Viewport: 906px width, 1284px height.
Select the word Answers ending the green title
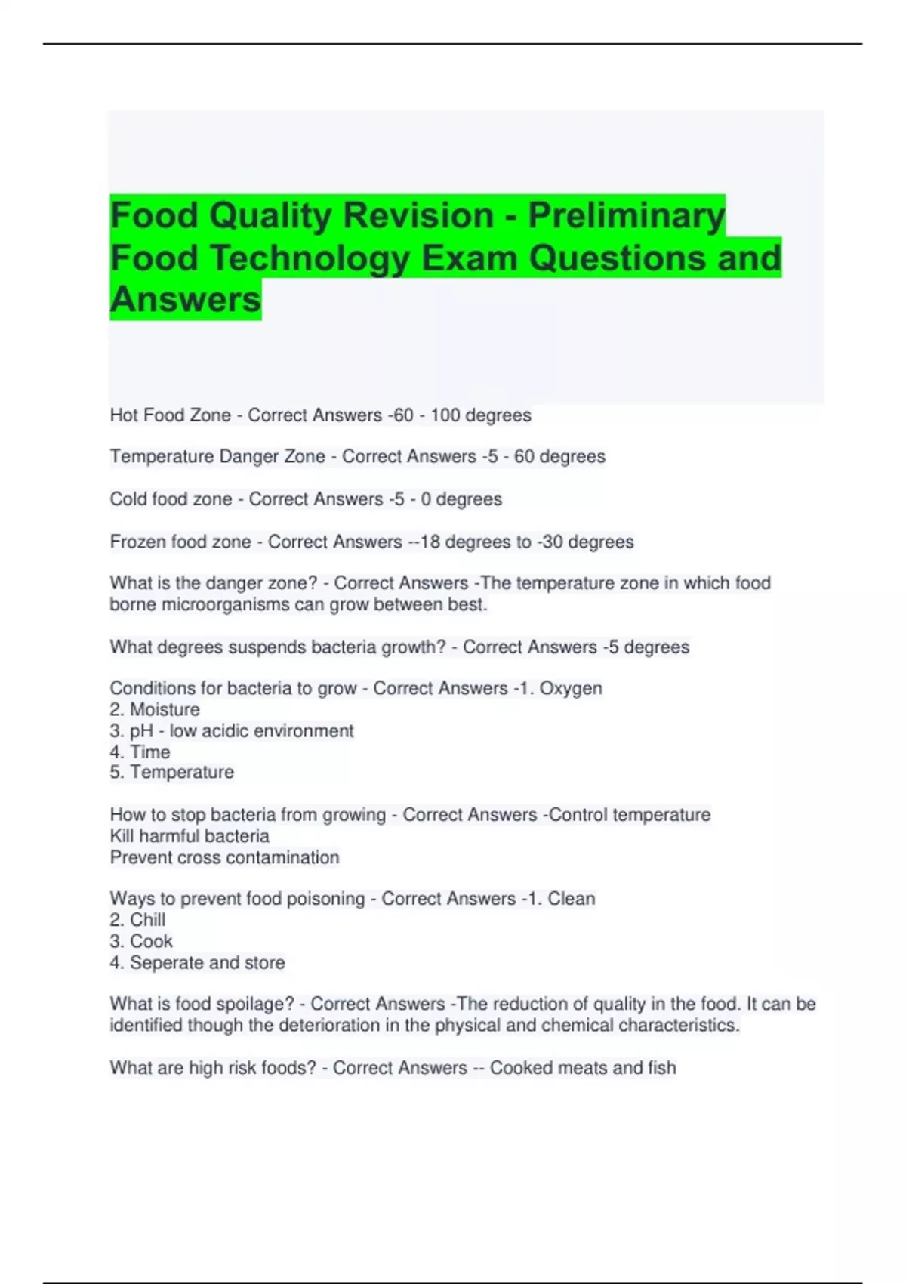click(186, 300)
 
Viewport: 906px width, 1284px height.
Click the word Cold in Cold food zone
click(128, 499)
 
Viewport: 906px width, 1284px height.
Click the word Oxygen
click(571, 689)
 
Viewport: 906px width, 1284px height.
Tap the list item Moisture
click(165, 710)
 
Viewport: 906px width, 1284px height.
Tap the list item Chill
click(147, 920)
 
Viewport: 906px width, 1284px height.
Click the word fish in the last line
click(661, 1068)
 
